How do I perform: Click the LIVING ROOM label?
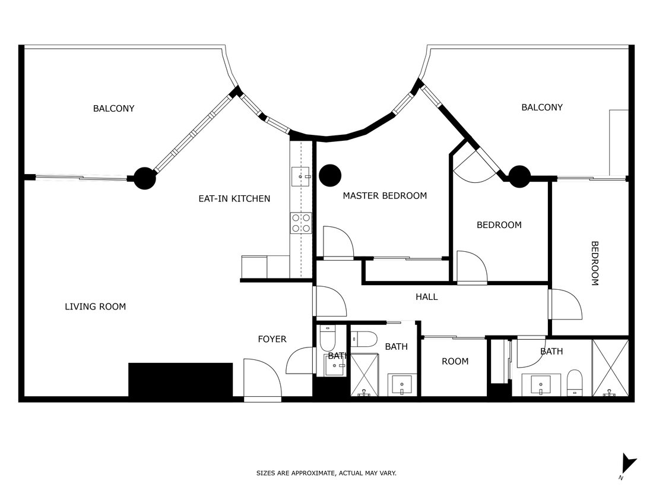click(x=95, y=306)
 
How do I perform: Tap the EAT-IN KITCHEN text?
click(x=234, y=198)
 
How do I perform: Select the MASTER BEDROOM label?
click(x=384, y=195)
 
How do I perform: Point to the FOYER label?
click(x=272, y=339)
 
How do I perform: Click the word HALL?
click(x=426, y=296)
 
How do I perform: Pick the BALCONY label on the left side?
click(x=113, y=108)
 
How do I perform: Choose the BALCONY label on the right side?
click(x=541, y=107)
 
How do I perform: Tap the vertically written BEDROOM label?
click(x=594, y=263)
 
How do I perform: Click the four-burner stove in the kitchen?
click(x=301, y=223)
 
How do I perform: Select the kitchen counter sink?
click(x=301, y=176)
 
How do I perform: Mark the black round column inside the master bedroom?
click(x=330, y=175)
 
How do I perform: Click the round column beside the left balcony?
click(x=144, y=178)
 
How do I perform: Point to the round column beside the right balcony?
click(x=519, y=176)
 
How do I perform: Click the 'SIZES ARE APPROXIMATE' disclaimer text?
click(x=326, y=473)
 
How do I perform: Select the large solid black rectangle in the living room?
click(x=180, y=380)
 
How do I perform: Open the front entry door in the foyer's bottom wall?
click(x=262, y=380)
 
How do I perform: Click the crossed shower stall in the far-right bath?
click(x=610, y=367)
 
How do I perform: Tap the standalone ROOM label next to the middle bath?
click(x=455, y=361)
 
